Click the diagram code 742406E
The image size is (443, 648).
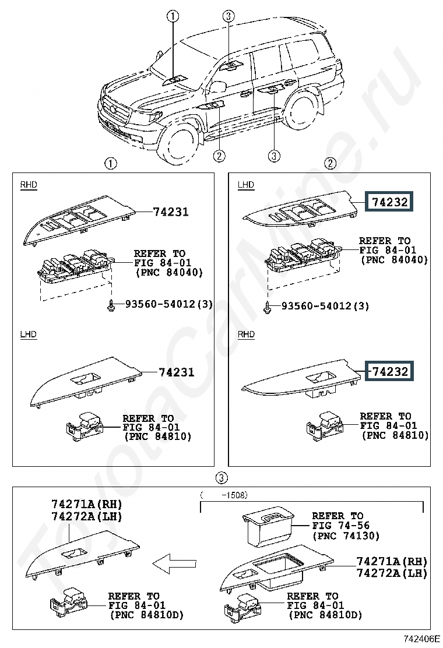(x=421, y=639)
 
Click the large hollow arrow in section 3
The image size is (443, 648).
(x=174, y=563)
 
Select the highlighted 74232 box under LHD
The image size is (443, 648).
(x=389, y=202)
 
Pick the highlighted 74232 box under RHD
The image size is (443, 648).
(x=389, y=371)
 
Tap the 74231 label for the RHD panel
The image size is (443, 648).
(x=171, y=212)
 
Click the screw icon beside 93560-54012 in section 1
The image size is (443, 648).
(x=111, y=305)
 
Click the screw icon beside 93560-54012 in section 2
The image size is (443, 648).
(x=268, y=306)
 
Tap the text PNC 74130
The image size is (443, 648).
(x=346, y=536)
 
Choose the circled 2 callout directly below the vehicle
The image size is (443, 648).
(x=219, y=156)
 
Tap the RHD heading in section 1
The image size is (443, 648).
(x=29, y=185)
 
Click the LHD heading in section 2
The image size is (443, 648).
(x=246, y=185)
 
